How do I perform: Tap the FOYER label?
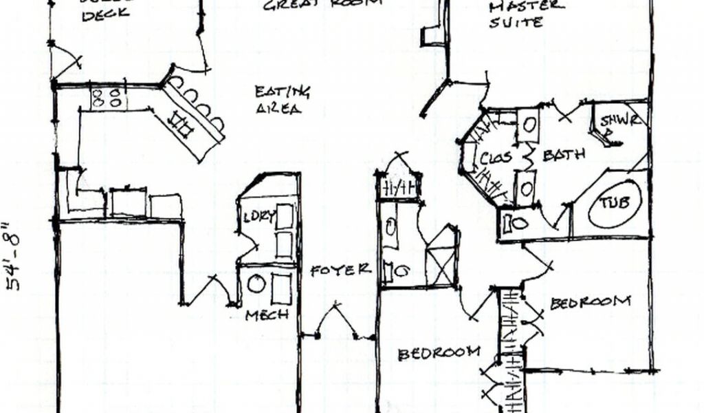pyautogui.click(x=340, y=270)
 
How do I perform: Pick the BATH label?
pyautogui.click(x=564, y=155)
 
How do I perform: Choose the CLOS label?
pyautogui.click(x=496, y=158)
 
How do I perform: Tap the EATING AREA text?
pyautogui.click(x=282, y=100)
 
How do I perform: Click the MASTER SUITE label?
pyautogui.click(x=526, y=14)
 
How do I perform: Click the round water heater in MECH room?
pyautogui.click(x=256, y=283)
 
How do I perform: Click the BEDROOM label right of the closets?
pyautogui.click(x=590, y=302)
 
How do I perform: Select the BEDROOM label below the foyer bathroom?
pyautogui.click(x=439, y=352)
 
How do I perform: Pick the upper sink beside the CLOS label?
pyautogui.click(x=528, y=125)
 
